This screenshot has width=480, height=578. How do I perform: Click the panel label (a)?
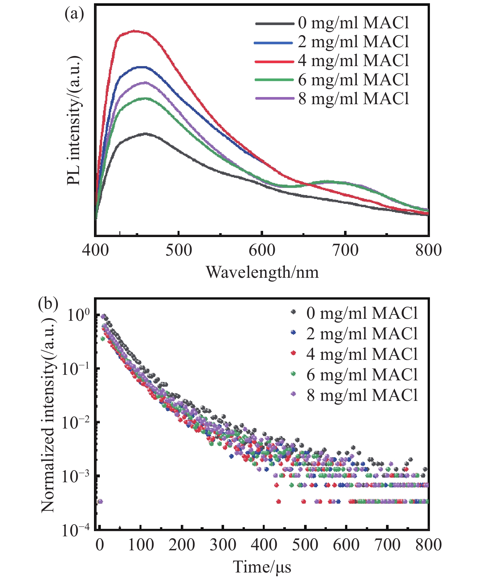[x=74, y=15]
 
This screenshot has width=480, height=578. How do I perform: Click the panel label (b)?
[x=48, y=303]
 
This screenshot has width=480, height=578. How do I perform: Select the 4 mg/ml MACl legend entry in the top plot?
[x=332, y=61]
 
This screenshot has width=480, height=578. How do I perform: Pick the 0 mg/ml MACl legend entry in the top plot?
[x=332, y=23]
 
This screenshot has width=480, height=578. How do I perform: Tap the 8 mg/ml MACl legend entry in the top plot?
[x=332, y=99]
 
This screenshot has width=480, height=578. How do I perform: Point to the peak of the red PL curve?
[x=134, y=31]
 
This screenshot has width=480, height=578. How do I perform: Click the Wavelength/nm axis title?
[x=262, y=272]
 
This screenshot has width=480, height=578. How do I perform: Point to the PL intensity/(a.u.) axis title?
[x=74, y=120]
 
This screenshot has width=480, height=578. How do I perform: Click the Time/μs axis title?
[x=262, y=567]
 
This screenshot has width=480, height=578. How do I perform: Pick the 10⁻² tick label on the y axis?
[x=75, y=422]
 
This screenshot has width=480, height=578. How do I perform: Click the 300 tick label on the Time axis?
[x=223, y=544]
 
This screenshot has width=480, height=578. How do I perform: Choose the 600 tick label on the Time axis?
[x=346, y=544]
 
